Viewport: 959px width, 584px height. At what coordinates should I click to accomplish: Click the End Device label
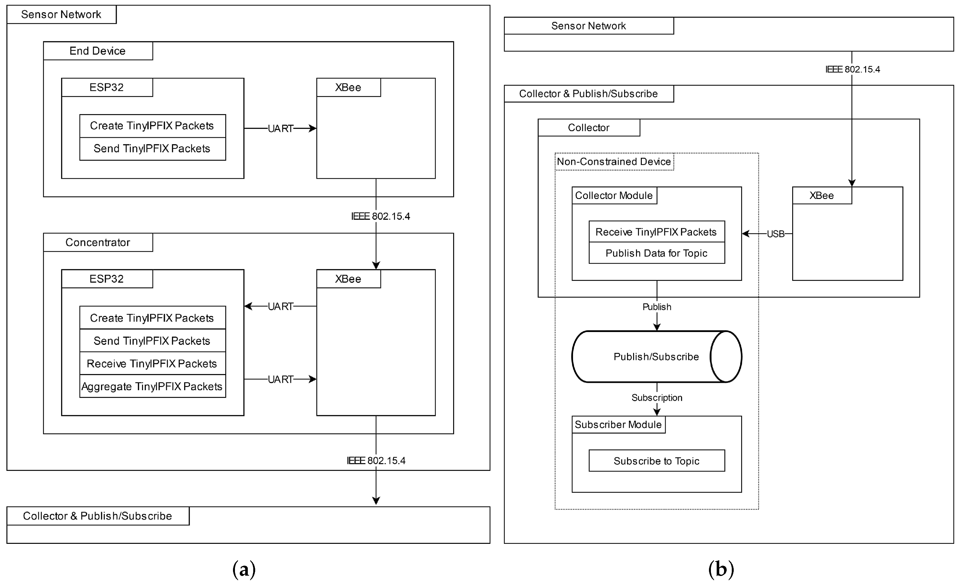point(97,51)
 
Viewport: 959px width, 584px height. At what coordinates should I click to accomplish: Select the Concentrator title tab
point(97,243)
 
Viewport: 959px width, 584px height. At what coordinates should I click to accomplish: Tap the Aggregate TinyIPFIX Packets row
point(152,386)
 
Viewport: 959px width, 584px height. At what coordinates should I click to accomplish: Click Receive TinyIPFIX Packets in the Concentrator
point(152,364)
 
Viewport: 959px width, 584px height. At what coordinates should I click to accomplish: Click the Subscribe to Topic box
point(656,461)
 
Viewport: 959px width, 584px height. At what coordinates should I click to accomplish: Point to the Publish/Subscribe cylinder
point(656,357)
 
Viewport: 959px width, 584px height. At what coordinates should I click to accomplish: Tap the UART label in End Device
point(280,129)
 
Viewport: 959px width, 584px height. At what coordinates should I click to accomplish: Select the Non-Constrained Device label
point(614,162)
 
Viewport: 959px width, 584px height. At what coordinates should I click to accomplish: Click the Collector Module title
point(614,195)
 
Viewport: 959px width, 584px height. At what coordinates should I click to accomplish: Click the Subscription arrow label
point(657,398)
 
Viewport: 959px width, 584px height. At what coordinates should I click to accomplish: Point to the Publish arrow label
point(657,307)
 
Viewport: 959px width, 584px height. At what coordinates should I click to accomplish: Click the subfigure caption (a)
point(244,569)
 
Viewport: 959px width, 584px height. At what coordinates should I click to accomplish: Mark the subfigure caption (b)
point(721,569)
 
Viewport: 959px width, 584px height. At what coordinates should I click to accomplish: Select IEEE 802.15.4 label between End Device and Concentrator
point(380,217)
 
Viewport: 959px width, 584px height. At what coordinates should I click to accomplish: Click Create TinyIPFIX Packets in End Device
point(152,126)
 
